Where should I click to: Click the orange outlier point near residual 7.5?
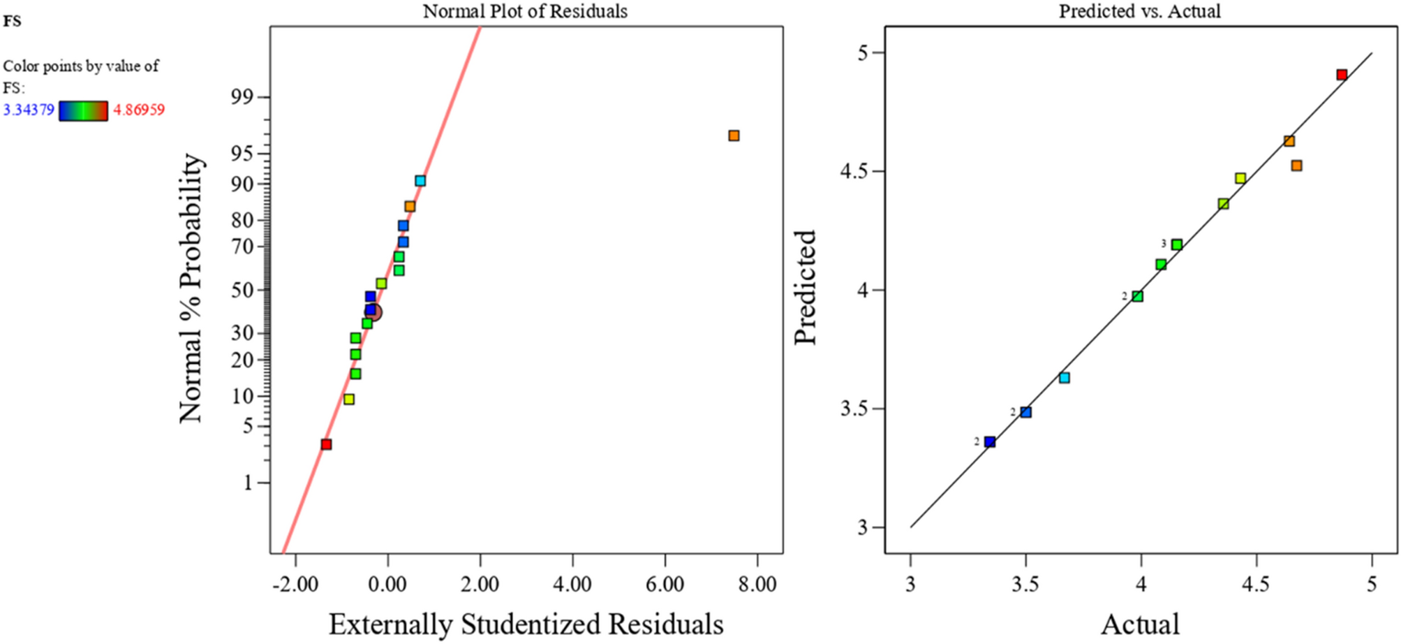(x=734, y=136)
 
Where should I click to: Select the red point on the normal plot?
(x=326, y=444)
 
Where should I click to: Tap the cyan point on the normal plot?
(x=420, y=181)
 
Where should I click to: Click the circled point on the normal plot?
(x=374, y=312)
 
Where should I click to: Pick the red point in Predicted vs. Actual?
(x=1342, y=75)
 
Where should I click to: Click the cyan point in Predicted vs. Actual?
(x=1065, y=378)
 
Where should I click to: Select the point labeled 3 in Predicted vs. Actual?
(x=1177, y=244)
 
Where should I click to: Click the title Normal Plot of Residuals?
(x=525, y=11)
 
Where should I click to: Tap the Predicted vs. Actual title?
(x=1140, y=11)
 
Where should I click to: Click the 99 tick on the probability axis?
(x=242, y=97)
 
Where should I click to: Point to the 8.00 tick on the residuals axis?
(x=757, y=584)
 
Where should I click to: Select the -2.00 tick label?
(x=295, y=584)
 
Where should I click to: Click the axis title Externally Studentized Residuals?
(x=526, y=624)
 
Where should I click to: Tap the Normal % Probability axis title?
(x=191, y=288)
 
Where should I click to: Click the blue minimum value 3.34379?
(x=29, y=110)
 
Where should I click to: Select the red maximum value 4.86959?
(x=139, y=110)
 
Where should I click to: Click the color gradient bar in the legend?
(x=84, y=111)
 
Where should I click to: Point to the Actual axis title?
(x=1140, y=624)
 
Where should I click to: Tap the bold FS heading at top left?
(x=12, y=22)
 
